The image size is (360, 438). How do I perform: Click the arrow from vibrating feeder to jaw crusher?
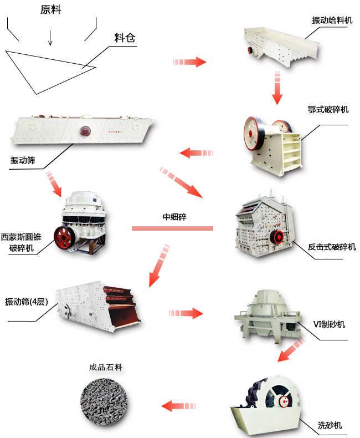[x=277, y=88]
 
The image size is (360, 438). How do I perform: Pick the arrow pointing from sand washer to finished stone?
[x=181, y=406]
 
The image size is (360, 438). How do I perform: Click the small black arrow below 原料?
[x=50, y=38]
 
